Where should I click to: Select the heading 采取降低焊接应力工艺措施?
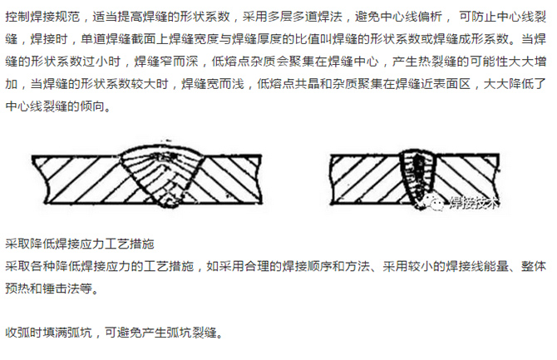tap(81, 246)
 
